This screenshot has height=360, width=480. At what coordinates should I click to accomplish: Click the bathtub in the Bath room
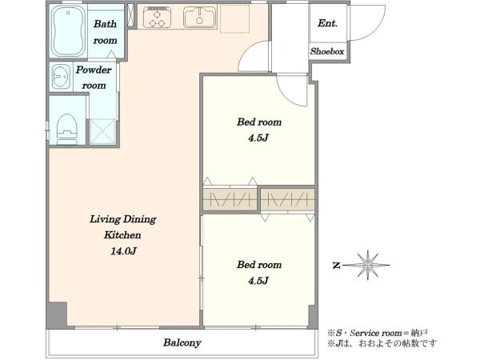click(x=68, y=31)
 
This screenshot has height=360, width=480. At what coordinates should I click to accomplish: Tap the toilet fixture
click(x=67, y=129)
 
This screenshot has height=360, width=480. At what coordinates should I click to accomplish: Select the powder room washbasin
click(x=62, y=76)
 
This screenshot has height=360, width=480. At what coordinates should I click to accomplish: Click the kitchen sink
click(x=199, y=17)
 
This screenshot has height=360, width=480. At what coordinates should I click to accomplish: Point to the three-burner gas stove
click(x=158, y=18)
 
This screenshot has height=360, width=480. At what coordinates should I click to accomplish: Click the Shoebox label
click(x=327, y=51)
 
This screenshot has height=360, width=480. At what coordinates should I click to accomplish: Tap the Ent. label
click(x=327, y=23)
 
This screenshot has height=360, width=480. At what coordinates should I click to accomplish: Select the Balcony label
click(x=182, y=342)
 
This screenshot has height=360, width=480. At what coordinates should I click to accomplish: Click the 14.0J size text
click(x=123, y=251)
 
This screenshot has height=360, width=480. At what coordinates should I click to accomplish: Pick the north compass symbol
click(x=362, y=265)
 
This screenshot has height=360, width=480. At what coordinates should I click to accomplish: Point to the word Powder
click(x=94, y=70)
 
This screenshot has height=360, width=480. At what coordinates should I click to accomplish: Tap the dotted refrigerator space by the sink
click(x=234, y=18)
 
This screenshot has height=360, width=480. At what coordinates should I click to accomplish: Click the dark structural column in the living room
click(x=57, y=314)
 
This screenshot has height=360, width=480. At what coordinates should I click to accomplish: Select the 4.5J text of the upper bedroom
click(x=258, y=138)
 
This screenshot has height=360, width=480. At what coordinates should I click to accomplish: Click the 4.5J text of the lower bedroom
click(x=258, y=281)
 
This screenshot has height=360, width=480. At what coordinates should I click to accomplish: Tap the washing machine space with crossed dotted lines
click(x=103, y=132)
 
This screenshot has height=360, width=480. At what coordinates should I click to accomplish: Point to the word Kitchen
click(x=122, y=235)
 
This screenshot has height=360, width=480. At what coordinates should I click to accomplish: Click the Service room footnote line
click(x=377, y=333)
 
